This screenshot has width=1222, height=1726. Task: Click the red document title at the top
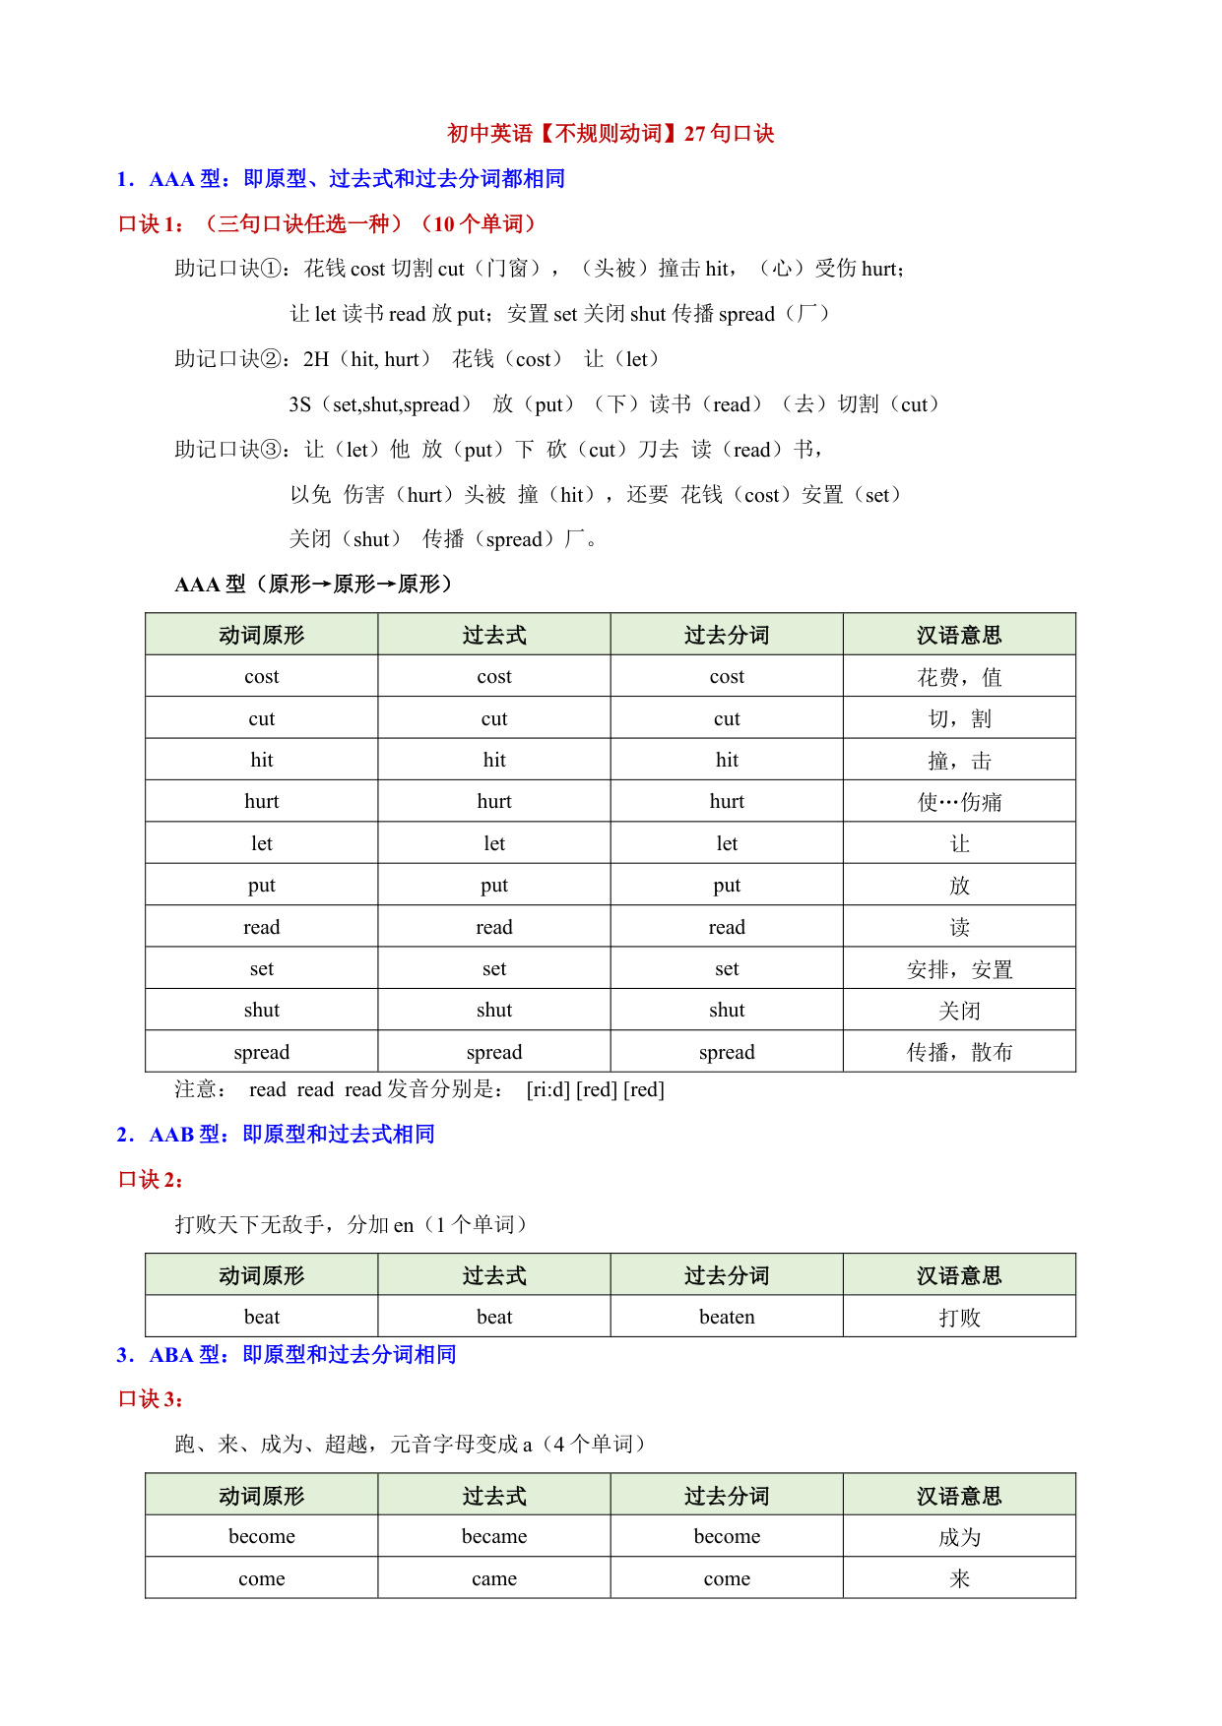(x=611, y=133)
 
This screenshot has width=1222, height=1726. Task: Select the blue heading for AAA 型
(x=341, y=179)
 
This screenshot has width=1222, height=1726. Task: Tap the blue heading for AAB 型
(x=276, y=1135)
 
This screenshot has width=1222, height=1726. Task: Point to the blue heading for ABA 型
(x=287, y=1355)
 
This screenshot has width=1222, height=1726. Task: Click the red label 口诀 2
(x=151, y=1180)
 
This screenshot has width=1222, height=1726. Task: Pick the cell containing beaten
(x=727, y=1317)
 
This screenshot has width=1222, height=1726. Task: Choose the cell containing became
(x=494, y=1536)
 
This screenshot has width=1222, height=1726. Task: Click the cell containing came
(x=494, y=1578)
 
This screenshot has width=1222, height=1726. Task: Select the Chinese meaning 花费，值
(x=959, y=677)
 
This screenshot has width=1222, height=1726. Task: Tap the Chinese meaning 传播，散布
(x=959, y=1052)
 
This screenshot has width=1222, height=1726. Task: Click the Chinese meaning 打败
(x=959, y=1318)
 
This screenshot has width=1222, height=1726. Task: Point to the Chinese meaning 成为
(x=959, y=1537)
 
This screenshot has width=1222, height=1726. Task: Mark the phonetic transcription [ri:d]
(x=548, y=1090)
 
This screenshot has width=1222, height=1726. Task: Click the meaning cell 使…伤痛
(x=959, y=802)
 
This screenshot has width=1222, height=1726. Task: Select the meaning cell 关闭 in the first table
(x=959, y=1011)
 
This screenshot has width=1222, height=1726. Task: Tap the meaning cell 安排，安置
(x=959, y=969)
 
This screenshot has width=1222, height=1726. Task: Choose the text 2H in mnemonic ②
(x=316, y=359)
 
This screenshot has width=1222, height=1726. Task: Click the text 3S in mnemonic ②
(x=300, y=404)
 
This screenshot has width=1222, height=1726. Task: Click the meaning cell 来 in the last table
(x=959, y=1579)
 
